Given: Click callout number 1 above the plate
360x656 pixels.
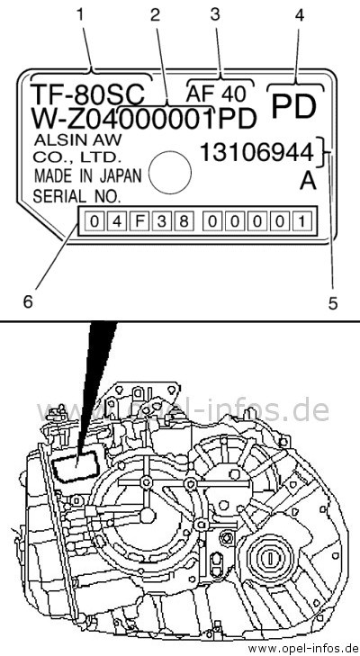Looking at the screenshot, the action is coord(80,15).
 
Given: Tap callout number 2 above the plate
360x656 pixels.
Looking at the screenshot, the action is coord(156,15).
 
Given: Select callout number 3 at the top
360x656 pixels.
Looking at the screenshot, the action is coord(215,15).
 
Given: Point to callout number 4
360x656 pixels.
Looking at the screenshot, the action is coord(299,15).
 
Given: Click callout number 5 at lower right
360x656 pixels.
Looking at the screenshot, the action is coord(333,303).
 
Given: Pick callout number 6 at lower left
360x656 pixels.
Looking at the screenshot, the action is coord(28,301).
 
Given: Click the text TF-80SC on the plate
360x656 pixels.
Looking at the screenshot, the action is coord(87,94).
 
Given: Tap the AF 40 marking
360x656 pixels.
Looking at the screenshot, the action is coord(216,94).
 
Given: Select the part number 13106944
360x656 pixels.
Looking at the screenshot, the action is coord(257,152).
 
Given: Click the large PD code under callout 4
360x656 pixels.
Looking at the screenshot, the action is coord(294,107).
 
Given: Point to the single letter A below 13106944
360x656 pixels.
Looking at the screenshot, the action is coord(308,181).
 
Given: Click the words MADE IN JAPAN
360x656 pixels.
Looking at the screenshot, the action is coord(88,176).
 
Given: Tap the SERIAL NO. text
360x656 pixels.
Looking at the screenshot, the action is coord(77,196).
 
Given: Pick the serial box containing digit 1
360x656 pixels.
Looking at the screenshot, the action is coord(301,220).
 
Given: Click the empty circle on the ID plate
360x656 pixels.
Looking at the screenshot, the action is coord(170,173).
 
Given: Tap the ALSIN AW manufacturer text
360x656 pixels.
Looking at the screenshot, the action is coord(78,139).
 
